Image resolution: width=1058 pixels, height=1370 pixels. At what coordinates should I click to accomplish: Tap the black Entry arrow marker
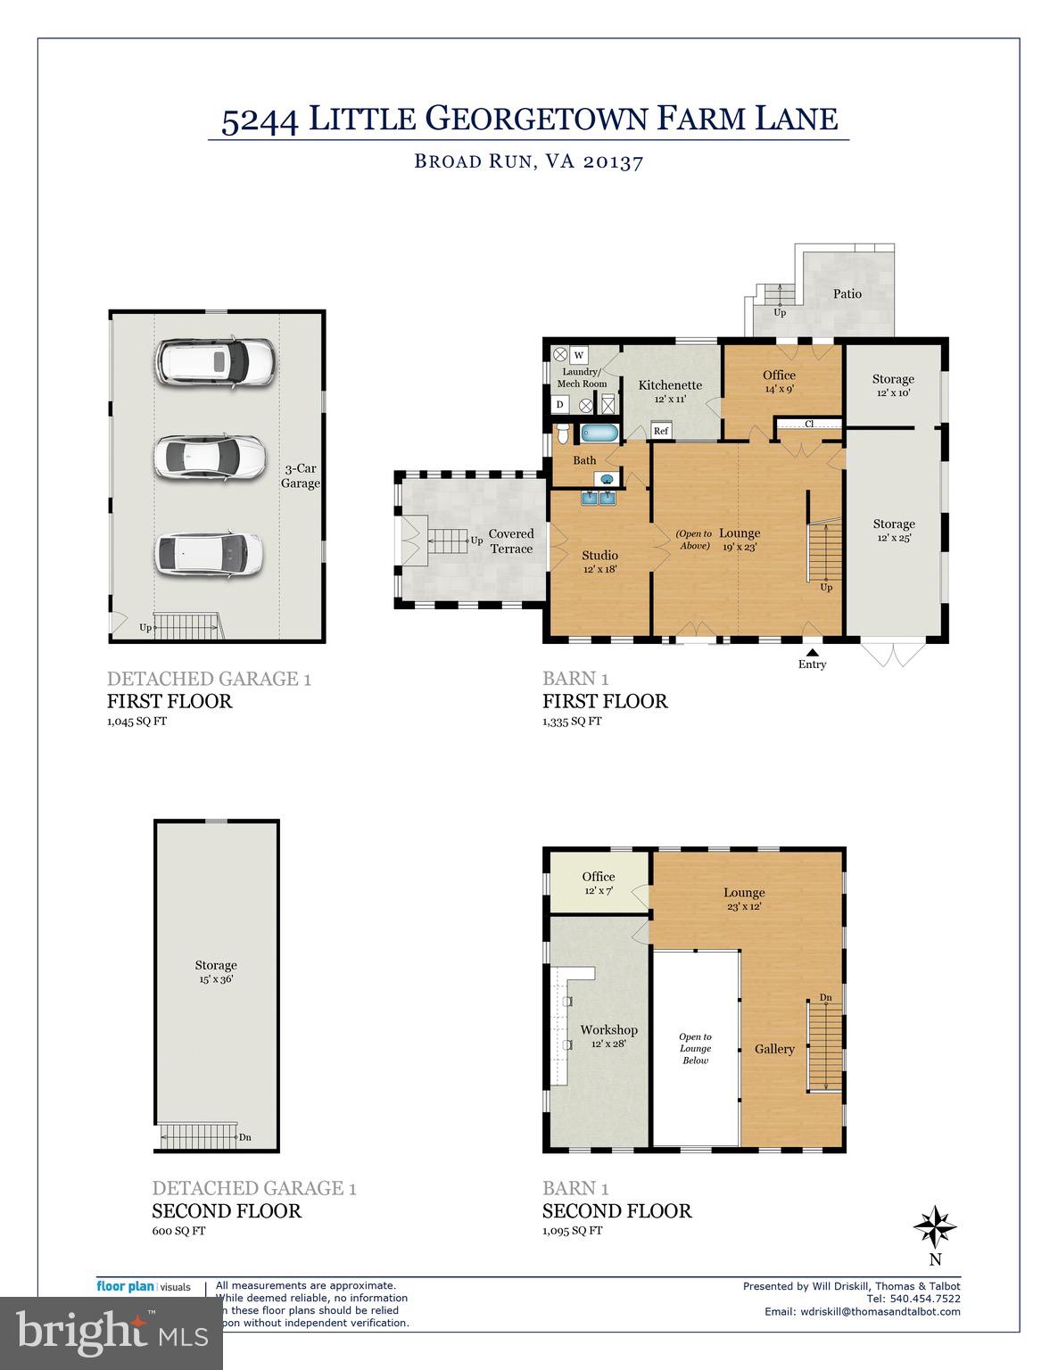pos(812,653)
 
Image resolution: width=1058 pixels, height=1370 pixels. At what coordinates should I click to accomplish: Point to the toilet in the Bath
pos(562,435)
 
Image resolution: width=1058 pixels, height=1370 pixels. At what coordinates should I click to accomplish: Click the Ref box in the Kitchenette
pos(661,431)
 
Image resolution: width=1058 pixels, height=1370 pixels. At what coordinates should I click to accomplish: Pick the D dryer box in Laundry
pos(559,405)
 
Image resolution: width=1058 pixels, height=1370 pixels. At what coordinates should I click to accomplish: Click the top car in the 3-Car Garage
pos(215,362)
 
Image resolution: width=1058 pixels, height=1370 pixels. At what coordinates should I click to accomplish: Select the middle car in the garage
pos(211,457)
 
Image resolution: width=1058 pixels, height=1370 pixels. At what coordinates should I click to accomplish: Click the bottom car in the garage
pos(210,553)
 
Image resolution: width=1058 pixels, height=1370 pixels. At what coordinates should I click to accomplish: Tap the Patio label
pos(847,293)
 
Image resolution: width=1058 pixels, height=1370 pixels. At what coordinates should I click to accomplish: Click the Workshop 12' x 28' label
pos(608,1036)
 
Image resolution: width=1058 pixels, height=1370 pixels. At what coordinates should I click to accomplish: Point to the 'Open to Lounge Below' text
pos(695,1048)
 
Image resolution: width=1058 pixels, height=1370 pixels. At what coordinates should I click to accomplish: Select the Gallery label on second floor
pos(773,1049)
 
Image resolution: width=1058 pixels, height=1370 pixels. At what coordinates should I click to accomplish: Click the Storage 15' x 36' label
pos(216,971)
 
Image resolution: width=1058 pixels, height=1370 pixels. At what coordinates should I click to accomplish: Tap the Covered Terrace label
pos(511,541)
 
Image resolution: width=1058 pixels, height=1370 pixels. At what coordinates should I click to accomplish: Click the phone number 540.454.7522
pos(925,1299)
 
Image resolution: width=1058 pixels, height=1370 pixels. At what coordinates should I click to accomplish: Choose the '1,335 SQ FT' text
pos(572,721)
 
